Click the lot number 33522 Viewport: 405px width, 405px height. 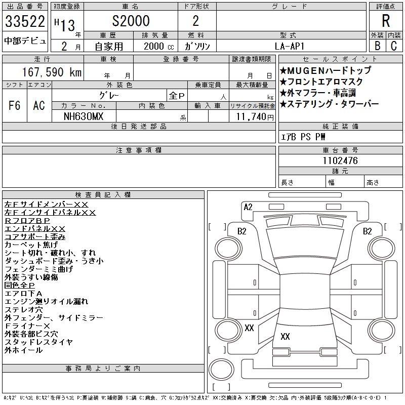[x=25, y=21]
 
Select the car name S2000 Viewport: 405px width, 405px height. [x=131, y=21]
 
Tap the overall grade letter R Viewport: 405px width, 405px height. [x=386, y=21]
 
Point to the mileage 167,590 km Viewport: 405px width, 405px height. [x=52, y=72]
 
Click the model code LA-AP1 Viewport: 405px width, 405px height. [x=290, y=46]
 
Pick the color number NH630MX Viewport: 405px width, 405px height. [x=84, y=116]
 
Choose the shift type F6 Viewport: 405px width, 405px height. [x=15, y=105]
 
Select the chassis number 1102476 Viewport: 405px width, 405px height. [x=340, y=160]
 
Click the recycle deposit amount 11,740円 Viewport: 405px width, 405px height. [x=255, y=117]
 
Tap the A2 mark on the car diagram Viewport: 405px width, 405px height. [x=248, y=207]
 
